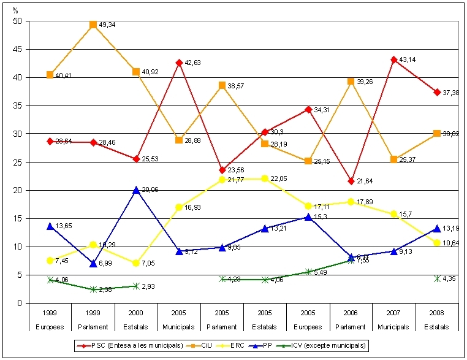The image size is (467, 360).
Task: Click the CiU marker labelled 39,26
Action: (x=351, y=81)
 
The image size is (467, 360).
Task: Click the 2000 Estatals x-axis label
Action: (x=136, y=320)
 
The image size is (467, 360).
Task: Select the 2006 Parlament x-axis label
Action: (x=351, y=320)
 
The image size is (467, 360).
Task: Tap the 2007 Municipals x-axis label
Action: (x=393, y=320)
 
